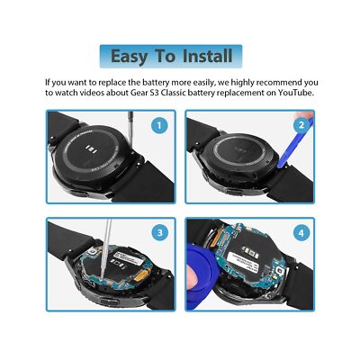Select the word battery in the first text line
click(155, 81)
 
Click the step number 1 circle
click(158, 125)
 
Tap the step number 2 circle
click(300, 125)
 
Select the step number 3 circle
click(158, 231)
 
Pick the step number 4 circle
click(300, 231)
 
